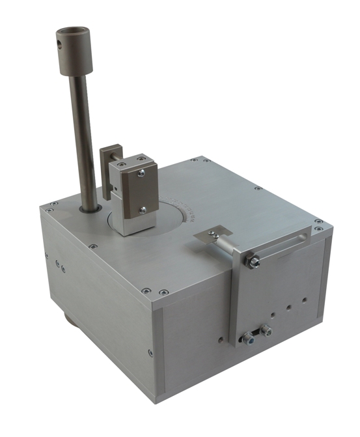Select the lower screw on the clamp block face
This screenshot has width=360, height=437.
point(143,209)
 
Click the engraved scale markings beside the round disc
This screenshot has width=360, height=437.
point(189,208)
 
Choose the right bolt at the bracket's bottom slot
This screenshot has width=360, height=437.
point(266,331)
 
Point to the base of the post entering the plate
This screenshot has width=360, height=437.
point(89,208)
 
